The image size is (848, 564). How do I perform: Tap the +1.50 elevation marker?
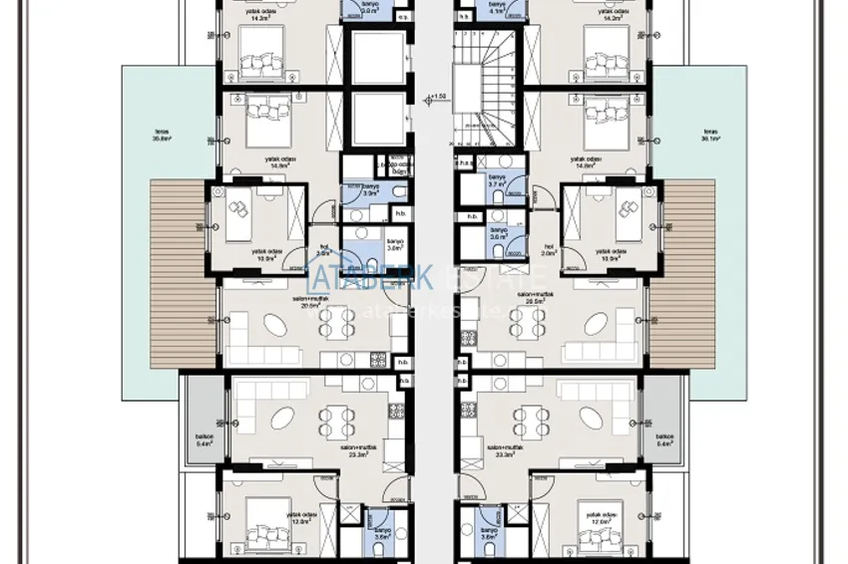[437, 98]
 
